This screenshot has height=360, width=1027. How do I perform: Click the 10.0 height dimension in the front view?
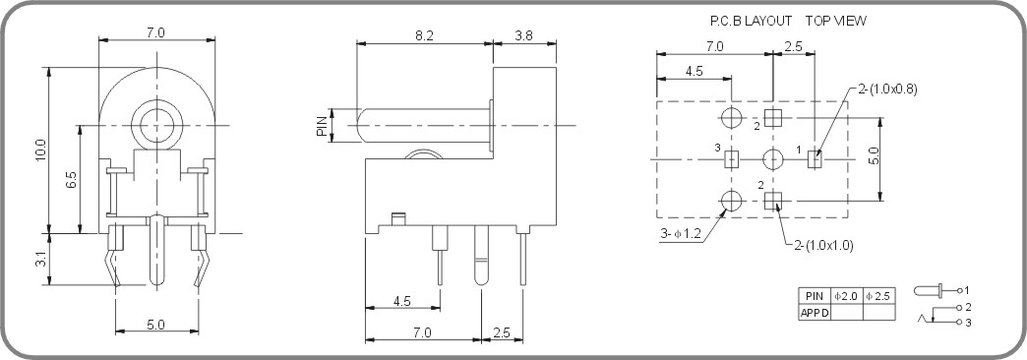40,150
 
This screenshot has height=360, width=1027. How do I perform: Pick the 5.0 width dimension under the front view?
155,323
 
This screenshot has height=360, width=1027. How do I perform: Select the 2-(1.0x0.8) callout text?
888,89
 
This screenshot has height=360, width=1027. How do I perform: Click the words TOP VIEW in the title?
837,20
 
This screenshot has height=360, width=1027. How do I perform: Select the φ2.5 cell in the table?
878,295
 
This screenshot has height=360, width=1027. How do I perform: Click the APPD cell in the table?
815,312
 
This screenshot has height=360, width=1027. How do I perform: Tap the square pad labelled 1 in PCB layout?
813,159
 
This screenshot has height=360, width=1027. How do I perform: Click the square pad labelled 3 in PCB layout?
731,159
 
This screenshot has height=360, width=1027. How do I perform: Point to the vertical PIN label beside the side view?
322,125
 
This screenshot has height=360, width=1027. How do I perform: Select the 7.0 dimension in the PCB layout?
714,46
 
